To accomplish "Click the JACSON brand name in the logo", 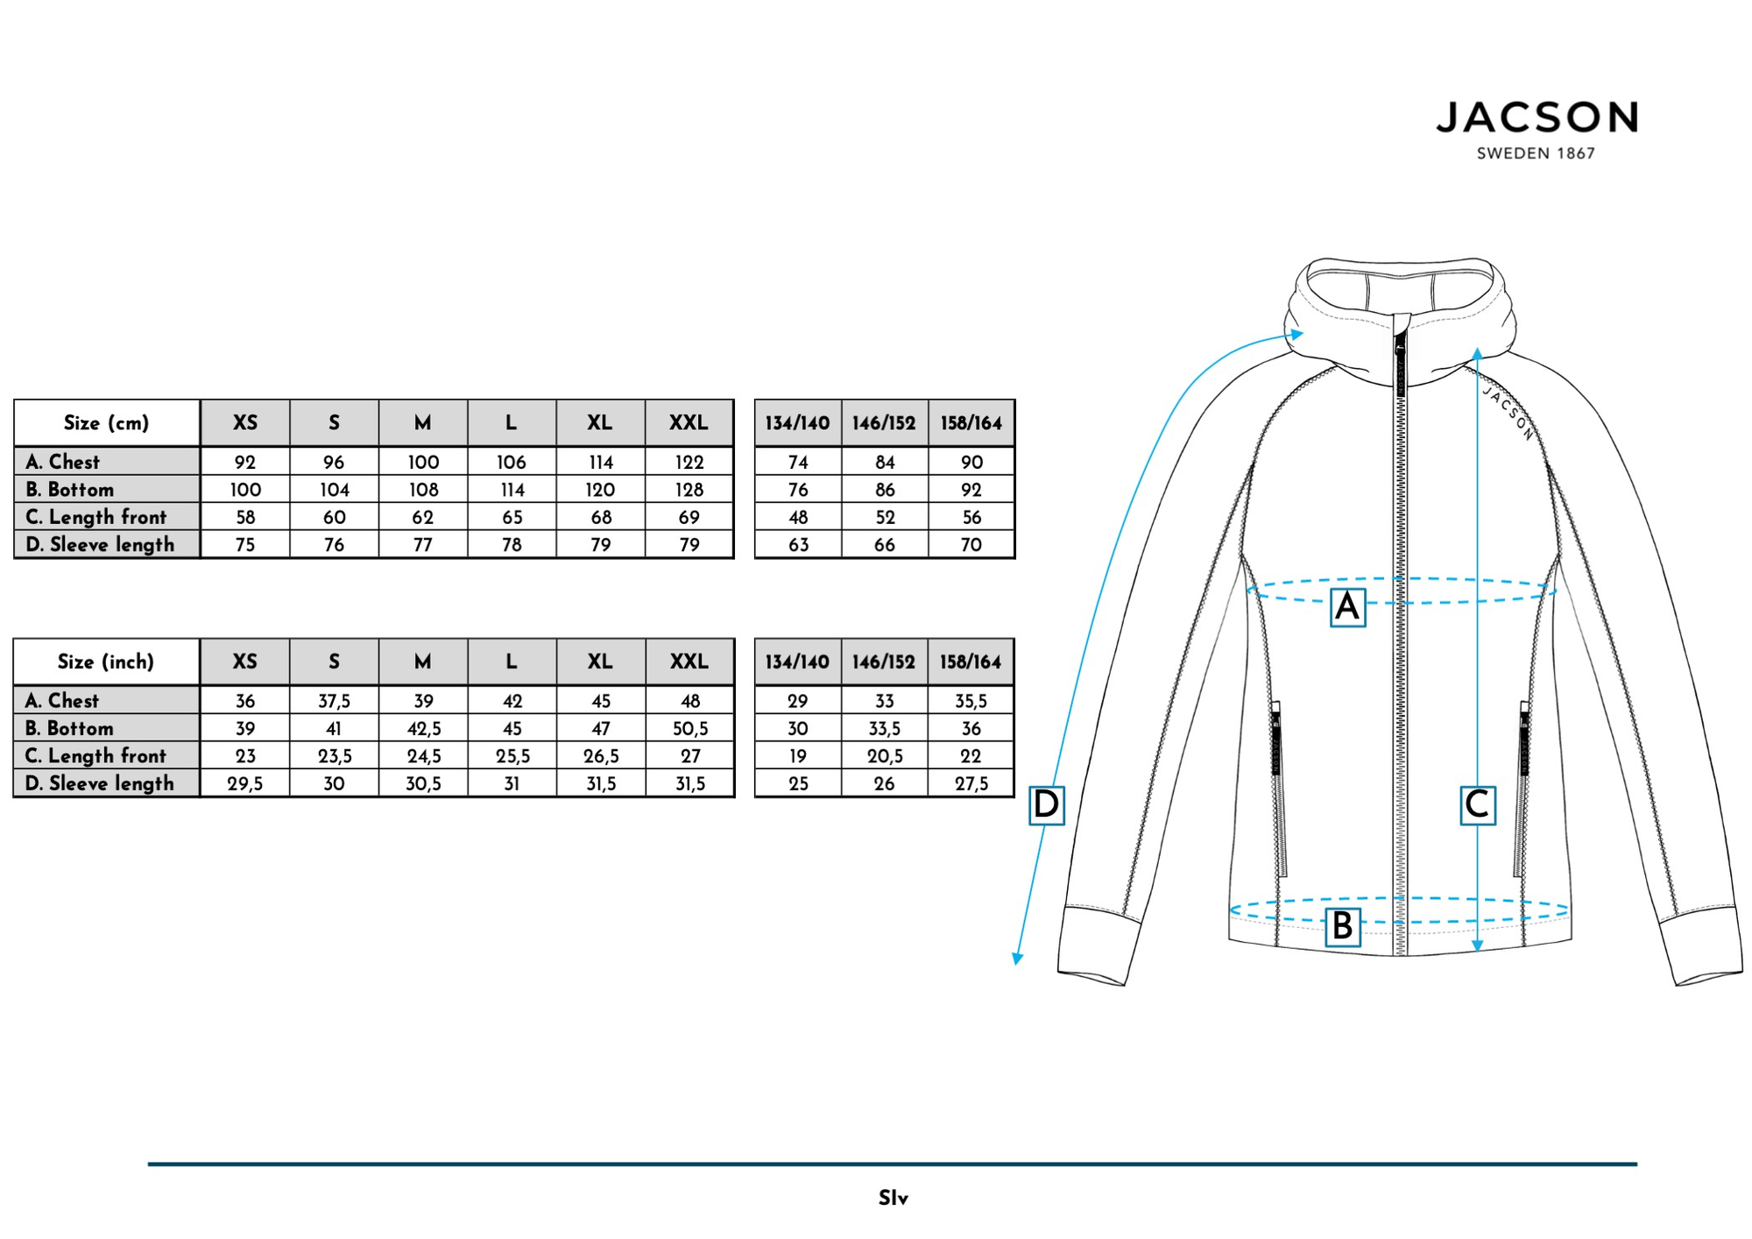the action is point(1537,117).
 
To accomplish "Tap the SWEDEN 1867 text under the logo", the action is point(1536,153).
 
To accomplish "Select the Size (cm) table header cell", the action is point(107,423).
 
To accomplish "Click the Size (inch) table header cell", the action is point(106,662).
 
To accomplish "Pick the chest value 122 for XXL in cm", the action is point(689,462).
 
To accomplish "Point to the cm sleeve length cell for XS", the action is point(245,545).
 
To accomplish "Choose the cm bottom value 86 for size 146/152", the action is point(885,490).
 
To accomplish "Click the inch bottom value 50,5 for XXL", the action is point(690,728).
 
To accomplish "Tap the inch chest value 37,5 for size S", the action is point(334,701).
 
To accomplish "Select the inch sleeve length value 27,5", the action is point(971,783).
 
